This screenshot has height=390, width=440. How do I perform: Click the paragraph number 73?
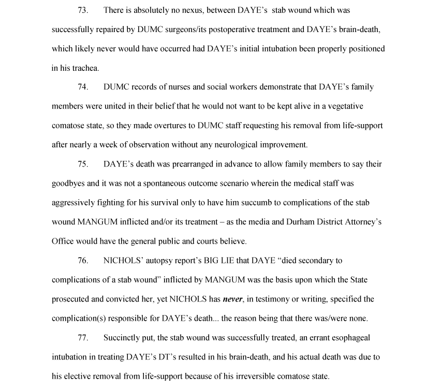[x=83, y=10]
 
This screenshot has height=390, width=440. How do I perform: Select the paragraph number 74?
[x=83, y=87]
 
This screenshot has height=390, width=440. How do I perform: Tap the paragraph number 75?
[x=83, y=164]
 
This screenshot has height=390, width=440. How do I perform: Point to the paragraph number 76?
[x=83, y=261]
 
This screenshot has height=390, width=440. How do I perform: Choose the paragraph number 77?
[x=83, y=338]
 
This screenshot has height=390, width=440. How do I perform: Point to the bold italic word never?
[x=232, y=299]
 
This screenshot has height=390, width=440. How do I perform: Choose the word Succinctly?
[x=123, y=338]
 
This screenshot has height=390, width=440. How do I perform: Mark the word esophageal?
[x=337, y=338]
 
